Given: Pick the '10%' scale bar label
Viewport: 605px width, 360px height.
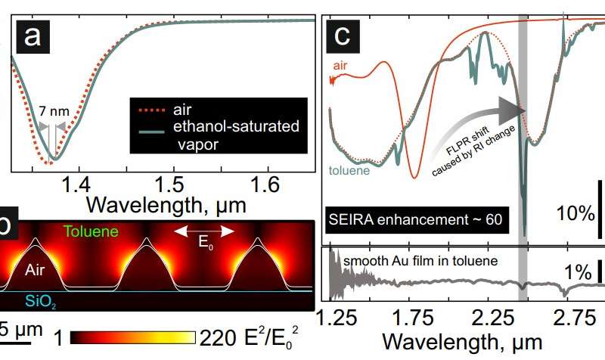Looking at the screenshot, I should click(x=576, y=214).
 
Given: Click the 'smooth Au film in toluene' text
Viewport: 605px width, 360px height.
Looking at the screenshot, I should click(x=422, y=262).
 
